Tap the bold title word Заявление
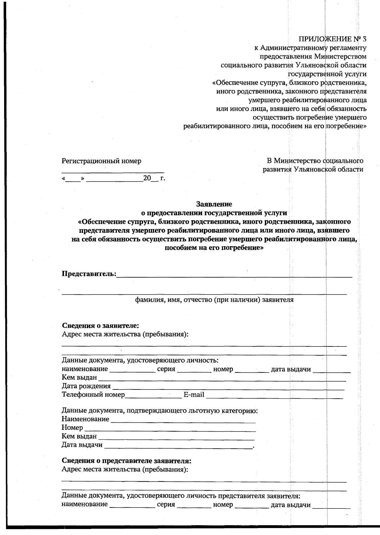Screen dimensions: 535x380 (x=214, y=204)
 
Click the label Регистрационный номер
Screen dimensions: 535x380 (x=101, y=161)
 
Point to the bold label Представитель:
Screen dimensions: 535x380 (x=89, y=273)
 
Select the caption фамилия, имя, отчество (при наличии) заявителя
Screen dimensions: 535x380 (x=214, y=300)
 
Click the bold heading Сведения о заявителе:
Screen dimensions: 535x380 (x=100, y=326)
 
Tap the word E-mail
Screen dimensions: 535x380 (x=194, y=395)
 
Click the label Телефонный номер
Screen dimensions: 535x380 (x=93, y=395)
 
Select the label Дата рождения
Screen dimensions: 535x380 (x=86, y=386)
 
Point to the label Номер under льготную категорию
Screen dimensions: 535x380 (x=72, y=428)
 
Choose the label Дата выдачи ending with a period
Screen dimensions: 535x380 (x=82, y=445)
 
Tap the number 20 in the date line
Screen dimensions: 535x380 (x=147, y=178)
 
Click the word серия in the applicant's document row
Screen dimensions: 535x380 (x=166, y=369)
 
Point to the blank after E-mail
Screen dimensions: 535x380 (x=274, y=395)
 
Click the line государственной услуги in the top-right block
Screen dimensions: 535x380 (x=327, y=74)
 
